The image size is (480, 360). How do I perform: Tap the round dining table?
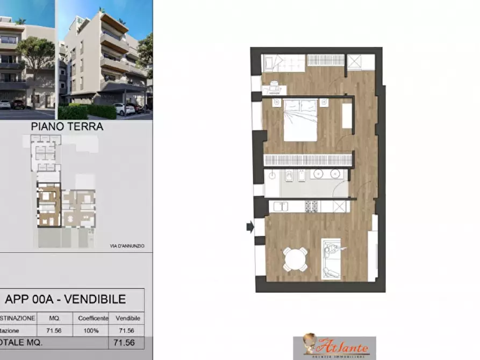(x=296, y=260)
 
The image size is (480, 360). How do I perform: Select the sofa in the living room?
(x=331, y=258)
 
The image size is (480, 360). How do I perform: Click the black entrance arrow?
(x=250, y=227)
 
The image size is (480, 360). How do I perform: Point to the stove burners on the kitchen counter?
(x=312, y=206)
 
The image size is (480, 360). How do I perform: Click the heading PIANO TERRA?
(x=75, y=127)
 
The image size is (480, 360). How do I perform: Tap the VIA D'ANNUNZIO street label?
(x=127, y=246)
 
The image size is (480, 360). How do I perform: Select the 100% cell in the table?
(x=90, y=330)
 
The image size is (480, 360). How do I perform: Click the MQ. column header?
(x=54, y=318)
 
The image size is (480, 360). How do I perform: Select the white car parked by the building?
(x=124, y=109)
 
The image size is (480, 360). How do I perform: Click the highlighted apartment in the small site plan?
(x=48, y=206)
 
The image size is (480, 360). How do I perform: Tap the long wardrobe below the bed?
(x=309, y=160)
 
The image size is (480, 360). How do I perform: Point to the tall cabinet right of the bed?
(x=347, y=116)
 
